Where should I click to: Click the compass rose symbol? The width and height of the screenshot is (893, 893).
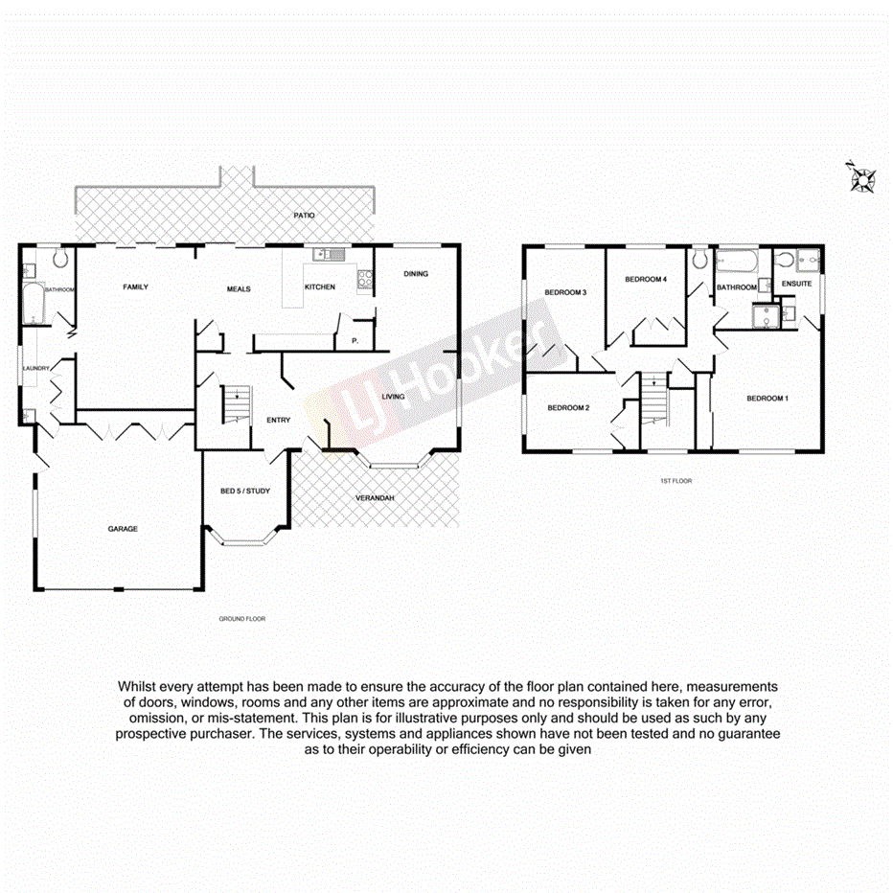[863, 178]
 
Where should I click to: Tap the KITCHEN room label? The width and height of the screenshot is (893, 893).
[319, 287]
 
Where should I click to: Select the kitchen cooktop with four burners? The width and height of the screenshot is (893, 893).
[364, 280]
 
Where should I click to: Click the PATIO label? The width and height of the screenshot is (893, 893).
[304, 216]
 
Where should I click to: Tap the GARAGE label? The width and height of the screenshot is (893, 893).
[123, 529]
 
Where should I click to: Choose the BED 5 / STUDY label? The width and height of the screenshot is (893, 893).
[245, 492]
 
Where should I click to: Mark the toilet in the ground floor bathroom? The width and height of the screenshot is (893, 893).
[62, 259]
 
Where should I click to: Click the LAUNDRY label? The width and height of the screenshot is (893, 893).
[36, 364]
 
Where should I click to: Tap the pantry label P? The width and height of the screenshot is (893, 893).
[355, 339]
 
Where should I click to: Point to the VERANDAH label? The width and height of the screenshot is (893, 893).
[376, 498]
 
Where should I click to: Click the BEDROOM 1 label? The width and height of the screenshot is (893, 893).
[767, 398]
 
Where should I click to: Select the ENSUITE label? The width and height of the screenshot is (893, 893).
[796, 284]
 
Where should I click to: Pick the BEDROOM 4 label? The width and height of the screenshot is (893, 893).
[645, 279]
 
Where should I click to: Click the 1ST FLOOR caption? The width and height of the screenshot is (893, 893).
[676, 480]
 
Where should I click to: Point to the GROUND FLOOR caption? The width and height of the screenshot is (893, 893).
[241, 619]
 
